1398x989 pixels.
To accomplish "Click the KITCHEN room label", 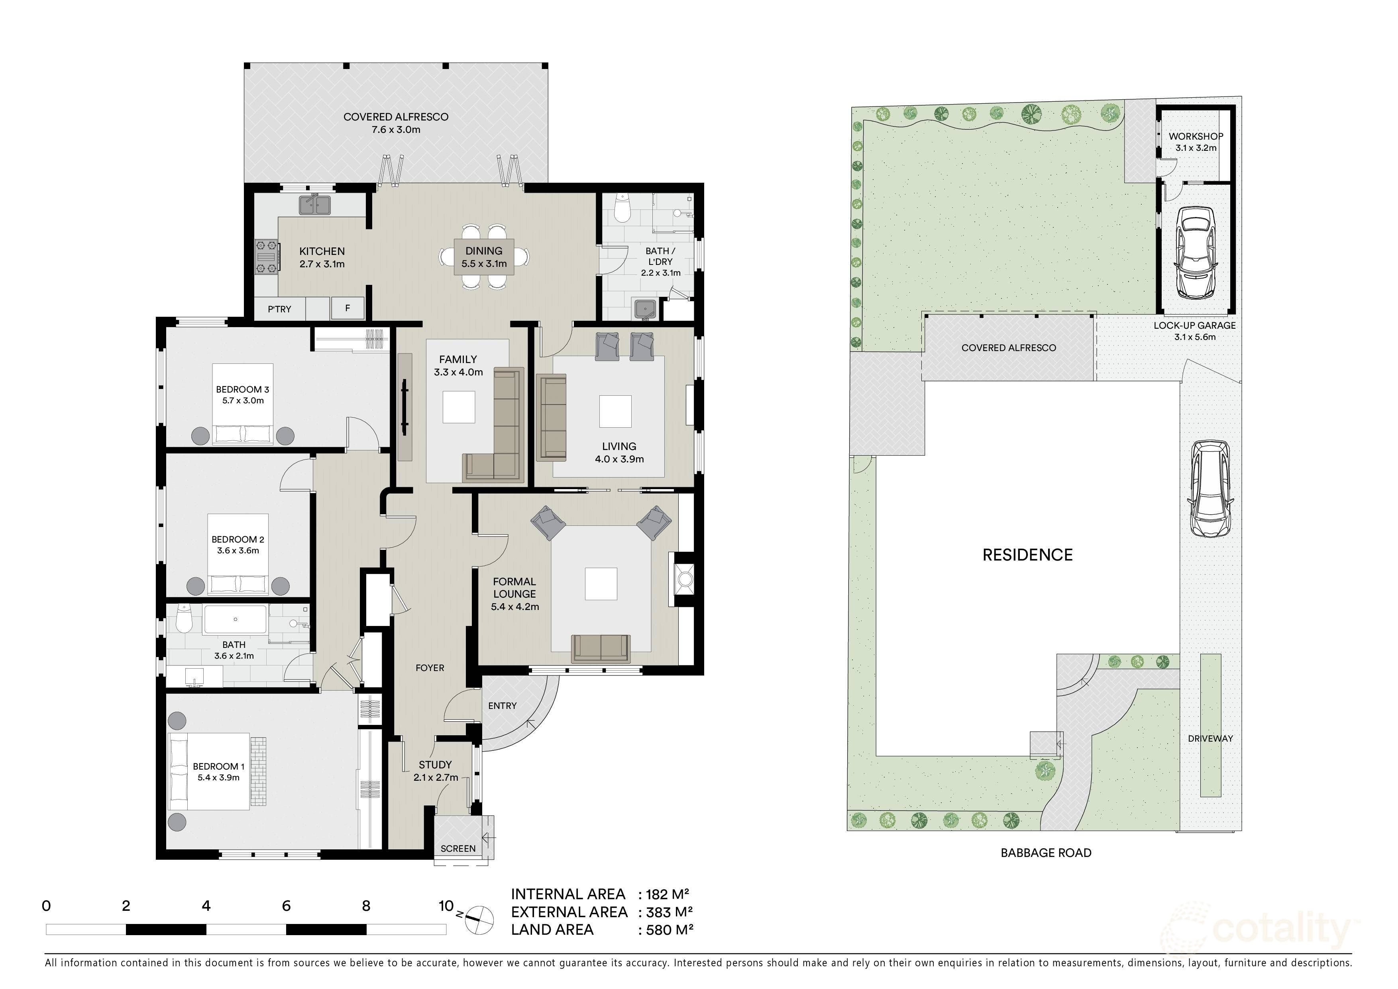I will [x=322, y=251].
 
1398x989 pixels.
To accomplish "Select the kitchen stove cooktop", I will [x=267, y=257].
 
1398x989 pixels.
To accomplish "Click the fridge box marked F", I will [x=348, y=308].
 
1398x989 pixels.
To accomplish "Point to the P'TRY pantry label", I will [x=279, y=309].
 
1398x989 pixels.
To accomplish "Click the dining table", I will [x=484, y=257].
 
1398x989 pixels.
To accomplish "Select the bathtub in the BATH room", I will [x=235, y=619].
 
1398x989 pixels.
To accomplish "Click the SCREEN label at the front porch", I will [x=458, y=848].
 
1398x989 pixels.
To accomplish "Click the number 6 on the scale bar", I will [x=286, y=906].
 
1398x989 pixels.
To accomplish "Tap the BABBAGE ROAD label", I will [x=1045, y=853].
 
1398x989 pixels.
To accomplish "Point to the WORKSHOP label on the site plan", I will [x=1195, y=136].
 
